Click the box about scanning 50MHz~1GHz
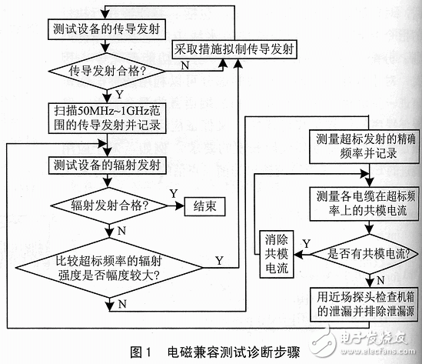click(x=106, y=116)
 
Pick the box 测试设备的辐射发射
click(x=106, y=165)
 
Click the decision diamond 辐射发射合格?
click(x=106, y=206)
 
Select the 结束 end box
click(x=205, y=206)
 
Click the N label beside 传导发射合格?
click(x=184, y=67)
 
